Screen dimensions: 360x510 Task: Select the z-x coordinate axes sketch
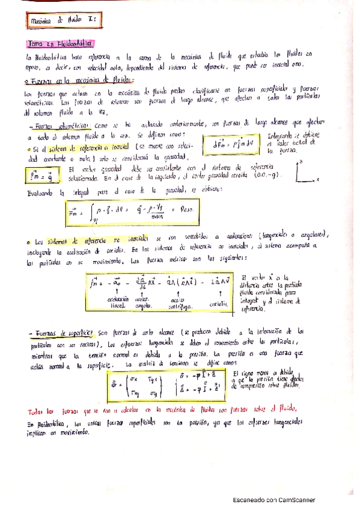tap(306, 171)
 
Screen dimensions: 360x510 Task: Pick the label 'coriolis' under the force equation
tap(219, 304)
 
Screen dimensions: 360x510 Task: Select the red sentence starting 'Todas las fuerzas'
tap(162, 410)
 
